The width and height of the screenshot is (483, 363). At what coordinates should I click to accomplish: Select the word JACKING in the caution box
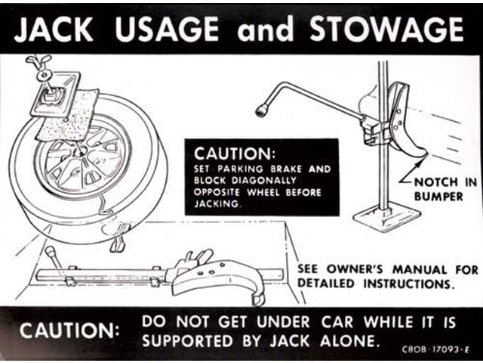coord(218,203)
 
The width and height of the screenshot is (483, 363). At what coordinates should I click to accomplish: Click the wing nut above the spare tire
coord(38,61)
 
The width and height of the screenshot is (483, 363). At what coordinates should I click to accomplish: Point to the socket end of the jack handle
coord(263,110)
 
